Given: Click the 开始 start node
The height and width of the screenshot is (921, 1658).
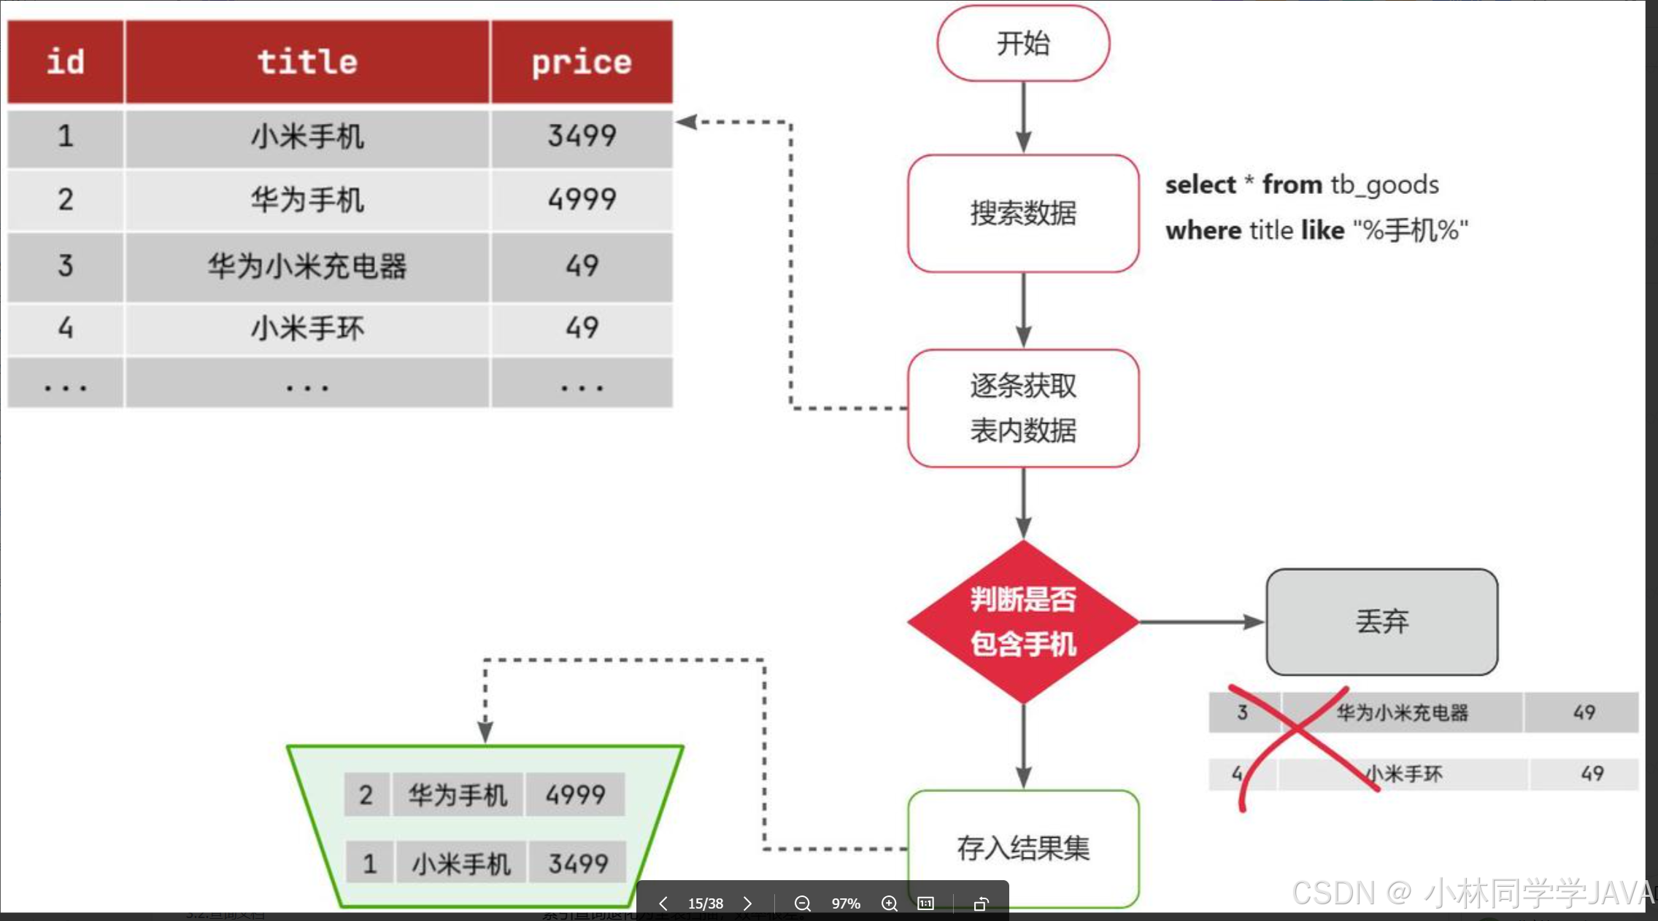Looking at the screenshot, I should (1023, 43).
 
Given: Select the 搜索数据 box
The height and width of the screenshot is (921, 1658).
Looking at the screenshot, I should (1023, 213).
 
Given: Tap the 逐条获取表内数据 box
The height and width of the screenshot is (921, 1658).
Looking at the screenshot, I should (1023, 408).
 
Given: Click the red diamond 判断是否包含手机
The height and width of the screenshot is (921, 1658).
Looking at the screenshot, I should (1023, 622).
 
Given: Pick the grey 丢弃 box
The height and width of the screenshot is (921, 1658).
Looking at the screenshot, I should (1381, 622).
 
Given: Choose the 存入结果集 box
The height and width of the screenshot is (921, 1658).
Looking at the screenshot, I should (1023, 848).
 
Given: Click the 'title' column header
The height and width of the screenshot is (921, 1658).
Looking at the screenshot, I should (307, 62).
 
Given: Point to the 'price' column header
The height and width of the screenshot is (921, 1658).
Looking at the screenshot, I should (582, 62).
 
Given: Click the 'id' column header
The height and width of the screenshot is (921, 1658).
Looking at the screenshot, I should (66, 62).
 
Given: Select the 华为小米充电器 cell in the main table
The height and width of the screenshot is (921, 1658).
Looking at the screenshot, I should (307, 266).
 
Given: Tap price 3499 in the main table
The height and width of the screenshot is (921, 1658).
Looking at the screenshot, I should (582, 136).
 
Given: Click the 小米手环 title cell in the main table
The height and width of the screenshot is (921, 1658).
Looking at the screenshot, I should (307, 328).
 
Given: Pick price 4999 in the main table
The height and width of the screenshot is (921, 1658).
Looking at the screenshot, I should (582, 199).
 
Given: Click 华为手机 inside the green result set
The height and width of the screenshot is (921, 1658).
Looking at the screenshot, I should (458, 794).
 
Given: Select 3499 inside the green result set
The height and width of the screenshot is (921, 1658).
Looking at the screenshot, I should (578, 864).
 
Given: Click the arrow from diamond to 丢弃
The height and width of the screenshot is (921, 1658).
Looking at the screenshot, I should (1201, 622).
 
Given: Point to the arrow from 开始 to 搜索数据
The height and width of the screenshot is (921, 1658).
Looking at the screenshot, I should (1023, 117).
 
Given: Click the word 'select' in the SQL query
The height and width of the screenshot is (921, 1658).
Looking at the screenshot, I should (1200, 185).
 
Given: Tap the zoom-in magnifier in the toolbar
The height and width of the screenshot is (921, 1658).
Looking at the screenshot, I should (889, 903).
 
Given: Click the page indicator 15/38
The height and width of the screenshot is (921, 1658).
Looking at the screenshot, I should (705, 903).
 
